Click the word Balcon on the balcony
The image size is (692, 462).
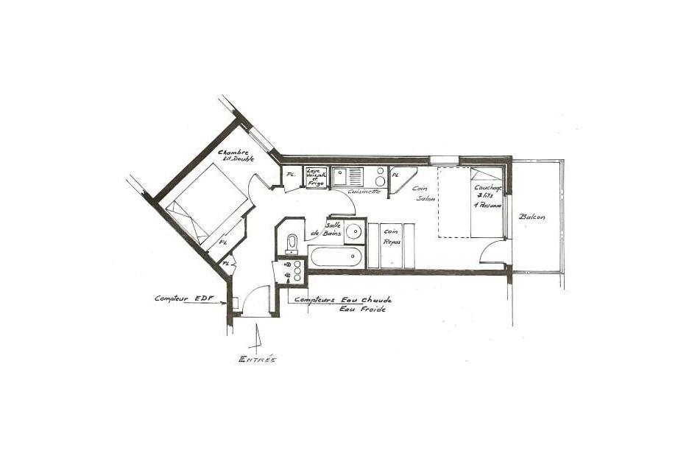point(532,217)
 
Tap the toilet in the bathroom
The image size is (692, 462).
point(292,242)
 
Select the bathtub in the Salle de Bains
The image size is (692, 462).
point(336,258)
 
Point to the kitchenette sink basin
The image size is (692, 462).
point(341,177)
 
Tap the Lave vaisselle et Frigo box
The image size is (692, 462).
point(316,177)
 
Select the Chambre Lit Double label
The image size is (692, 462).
point(236,155)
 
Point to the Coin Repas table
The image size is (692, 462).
point(391,245)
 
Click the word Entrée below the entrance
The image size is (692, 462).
point(257,359)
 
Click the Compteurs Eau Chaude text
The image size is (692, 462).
point(342,300)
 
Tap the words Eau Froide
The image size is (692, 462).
point(362,309)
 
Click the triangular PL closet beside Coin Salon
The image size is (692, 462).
point(398,178)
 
